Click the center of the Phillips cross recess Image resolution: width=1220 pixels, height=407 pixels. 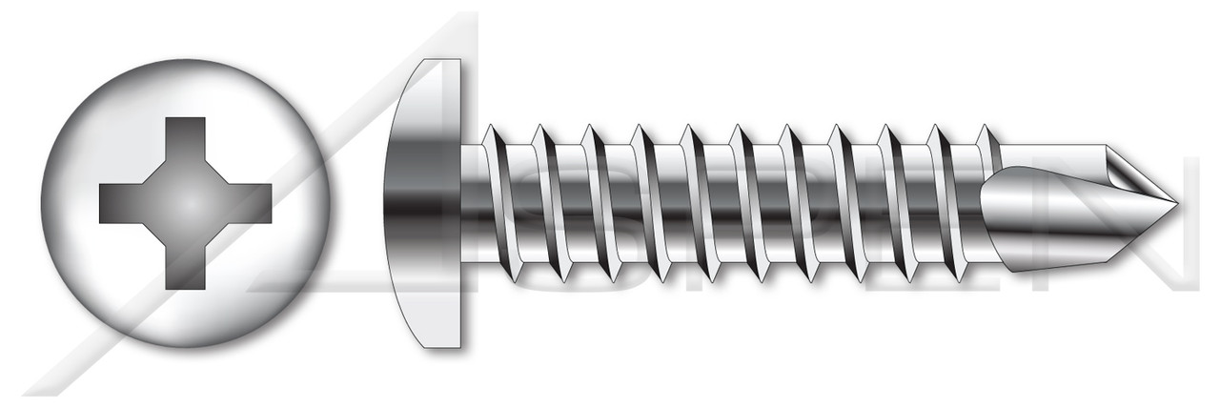[x=186, y=203]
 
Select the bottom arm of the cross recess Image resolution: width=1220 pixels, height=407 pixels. [x=186, y=267]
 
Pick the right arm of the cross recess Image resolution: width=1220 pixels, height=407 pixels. [x=248, y=203]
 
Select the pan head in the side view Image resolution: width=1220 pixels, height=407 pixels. [x=423, y=203]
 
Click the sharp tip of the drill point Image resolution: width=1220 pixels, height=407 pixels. [x=1176, y=204]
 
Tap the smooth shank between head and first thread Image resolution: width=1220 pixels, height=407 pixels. [x=473, y=203]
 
